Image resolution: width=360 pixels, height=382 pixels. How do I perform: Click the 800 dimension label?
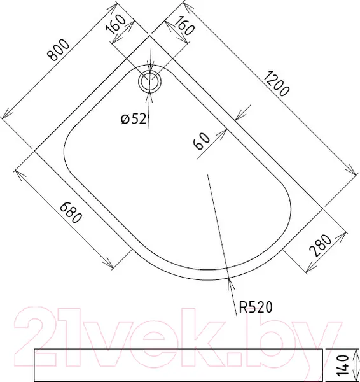click(x=59, y=50)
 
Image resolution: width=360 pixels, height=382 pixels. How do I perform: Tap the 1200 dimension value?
click(x=277, y=84)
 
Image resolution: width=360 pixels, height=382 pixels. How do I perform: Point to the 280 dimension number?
click(x=321, y=246)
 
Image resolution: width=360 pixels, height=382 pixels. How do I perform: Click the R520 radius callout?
click(x=255, y=307)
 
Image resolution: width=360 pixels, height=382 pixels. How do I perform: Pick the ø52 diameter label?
click(x=134, y=119)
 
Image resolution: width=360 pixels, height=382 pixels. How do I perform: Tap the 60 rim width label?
click(x=202, y=141)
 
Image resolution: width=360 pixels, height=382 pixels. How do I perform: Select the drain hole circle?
click(x=149, y=81)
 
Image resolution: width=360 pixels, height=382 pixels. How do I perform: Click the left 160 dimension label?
click(x=116, y=24)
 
